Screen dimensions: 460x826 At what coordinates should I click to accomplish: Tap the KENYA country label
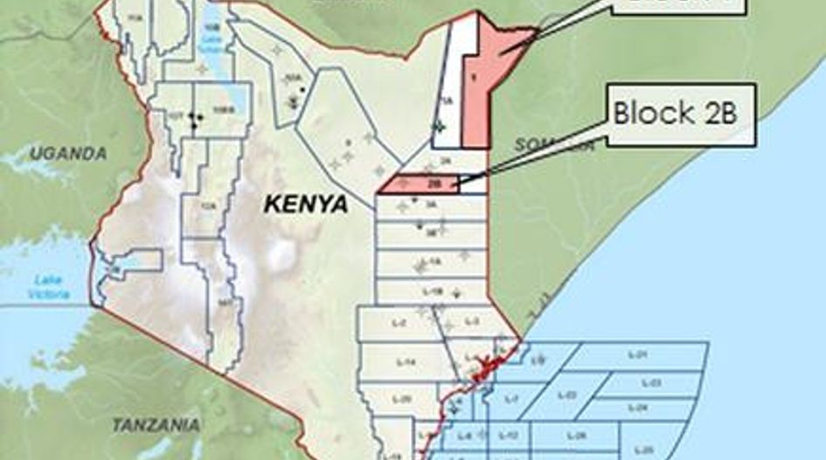pos(306,205)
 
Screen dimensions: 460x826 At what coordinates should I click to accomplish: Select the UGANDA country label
pos(67,154)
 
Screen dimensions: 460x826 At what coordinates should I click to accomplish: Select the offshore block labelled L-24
pos(638,408)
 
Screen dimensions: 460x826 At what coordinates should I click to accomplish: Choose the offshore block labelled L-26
pos(578,436)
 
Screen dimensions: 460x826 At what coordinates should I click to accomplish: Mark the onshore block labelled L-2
pos(399,323)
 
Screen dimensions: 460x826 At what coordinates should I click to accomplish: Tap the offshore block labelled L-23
pos(651,382)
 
